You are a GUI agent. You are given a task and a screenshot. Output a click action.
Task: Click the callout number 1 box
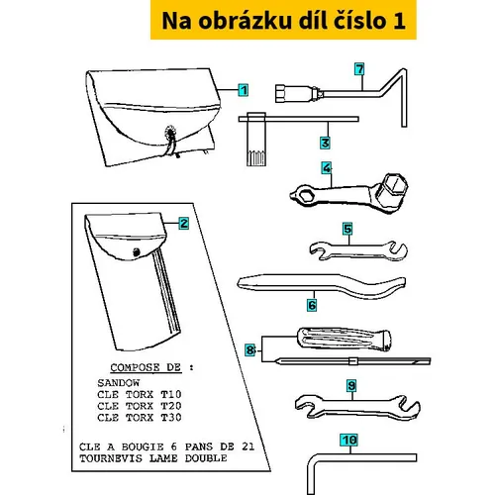244,90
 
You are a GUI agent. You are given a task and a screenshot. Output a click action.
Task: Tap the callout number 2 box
184,224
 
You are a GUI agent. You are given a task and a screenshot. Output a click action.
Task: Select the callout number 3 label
325,143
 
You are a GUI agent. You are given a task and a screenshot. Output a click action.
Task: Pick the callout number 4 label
327,168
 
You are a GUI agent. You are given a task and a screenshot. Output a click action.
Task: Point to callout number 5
347,229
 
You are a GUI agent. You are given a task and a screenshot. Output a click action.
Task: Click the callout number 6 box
312,305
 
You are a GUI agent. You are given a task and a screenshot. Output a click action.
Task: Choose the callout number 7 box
359,69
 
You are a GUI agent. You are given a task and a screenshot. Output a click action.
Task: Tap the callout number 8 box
250,349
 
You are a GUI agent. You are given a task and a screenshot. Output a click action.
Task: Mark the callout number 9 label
351,386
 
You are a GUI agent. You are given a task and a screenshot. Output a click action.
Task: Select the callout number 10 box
349,440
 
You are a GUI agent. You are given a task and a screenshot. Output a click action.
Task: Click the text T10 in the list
171,394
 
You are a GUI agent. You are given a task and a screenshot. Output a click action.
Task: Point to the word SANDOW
119,383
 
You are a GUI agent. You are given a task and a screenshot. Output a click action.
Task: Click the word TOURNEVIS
111,458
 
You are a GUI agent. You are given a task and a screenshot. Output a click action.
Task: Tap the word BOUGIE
143,446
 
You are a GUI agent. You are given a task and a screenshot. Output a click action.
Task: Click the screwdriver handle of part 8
345,339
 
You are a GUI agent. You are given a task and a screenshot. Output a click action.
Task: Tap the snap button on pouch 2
137,252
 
